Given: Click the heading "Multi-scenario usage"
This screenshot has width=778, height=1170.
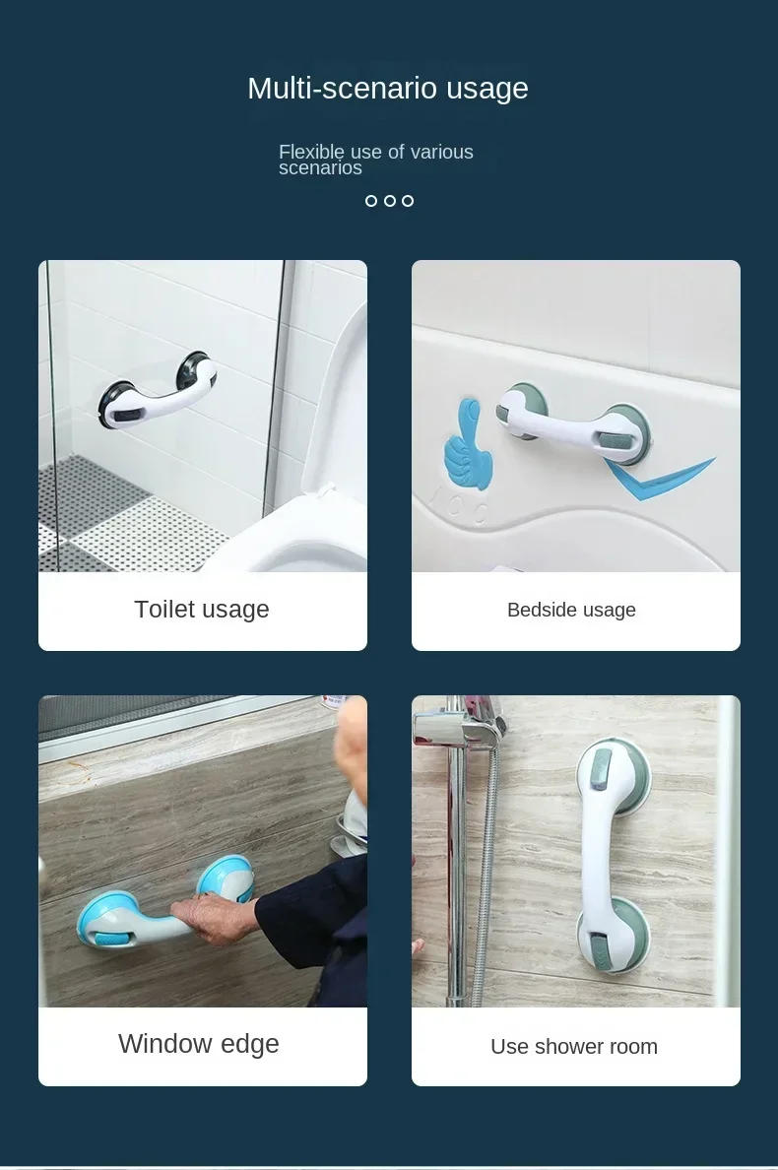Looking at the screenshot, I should click(x=388, y=89).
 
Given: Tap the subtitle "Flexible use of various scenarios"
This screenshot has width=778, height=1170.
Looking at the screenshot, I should click(x=375, y=160).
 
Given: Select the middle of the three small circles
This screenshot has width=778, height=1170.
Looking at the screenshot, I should click(x=390, y=201).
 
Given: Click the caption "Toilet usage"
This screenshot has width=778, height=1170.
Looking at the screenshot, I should click(x=202, y=610).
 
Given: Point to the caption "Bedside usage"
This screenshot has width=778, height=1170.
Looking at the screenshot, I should click(x=571, y=611).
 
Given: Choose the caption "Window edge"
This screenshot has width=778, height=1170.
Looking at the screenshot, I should click(x=199, y=1044).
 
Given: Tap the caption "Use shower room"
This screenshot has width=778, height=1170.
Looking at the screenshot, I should click(x=574, y=1047).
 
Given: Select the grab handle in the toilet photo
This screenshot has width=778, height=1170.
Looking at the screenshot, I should click(x=158, y=392).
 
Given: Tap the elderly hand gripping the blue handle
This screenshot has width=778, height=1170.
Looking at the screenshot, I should click(x=222, y=915).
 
